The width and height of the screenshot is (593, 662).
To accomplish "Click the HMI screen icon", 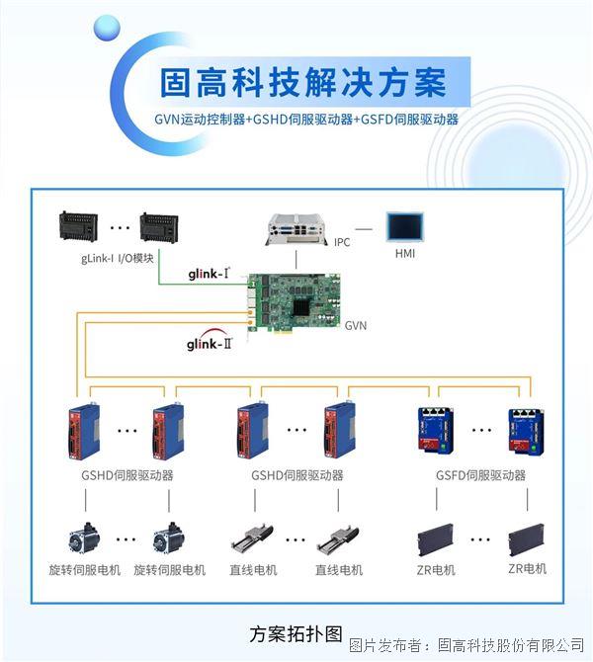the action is coord(405,227).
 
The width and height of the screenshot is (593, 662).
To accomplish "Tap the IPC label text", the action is coord(342,242).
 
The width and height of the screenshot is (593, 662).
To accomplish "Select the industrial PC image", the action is coord(296,229).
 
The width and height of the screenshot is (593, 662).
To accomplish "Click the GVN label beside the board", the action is coord(356,325).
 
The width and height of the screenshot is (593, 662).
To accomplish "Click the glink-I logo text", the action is coord(210,274).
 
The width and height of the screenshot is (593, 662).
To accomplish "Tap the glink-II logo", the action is coord(210,341).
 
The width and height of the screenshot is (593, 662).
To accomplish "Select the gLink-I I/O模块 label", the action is coord(117,258).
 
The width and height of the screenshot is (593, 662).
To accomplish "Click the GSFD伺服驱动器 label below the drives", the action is coord(480,475).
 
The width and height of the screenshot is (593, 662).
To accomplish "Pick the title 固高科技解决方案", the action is coord(302,82).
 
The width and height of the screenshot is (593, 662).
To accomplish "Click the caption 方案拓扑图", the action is coord(296,634).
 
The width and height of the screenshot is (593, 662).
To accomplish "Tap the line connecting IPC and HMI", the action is coord(364,229).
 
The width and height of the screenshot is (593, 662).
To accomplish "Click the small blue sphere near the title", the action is coord(107,29).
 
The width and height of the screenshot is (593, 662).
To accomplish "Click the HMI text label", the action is coord(405,254).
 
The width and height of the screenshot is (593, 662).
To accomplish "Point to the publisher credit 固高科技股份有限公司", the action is coord(511,644).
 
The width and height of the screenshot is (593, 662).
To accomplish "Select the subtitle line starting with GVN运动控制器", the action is coord(306,120).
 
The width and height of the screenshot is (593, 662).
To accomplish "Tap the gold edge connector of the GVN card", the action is coord(288,331).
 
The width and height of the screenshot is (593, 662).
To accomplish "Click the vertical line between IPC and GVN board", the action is coord(296,259).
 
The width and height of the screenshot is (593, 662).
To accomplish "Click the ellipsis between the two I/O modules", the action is coord(120,228).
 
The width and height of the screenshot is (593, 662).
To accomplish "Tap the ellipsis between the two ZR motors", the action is coord(480,539).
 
